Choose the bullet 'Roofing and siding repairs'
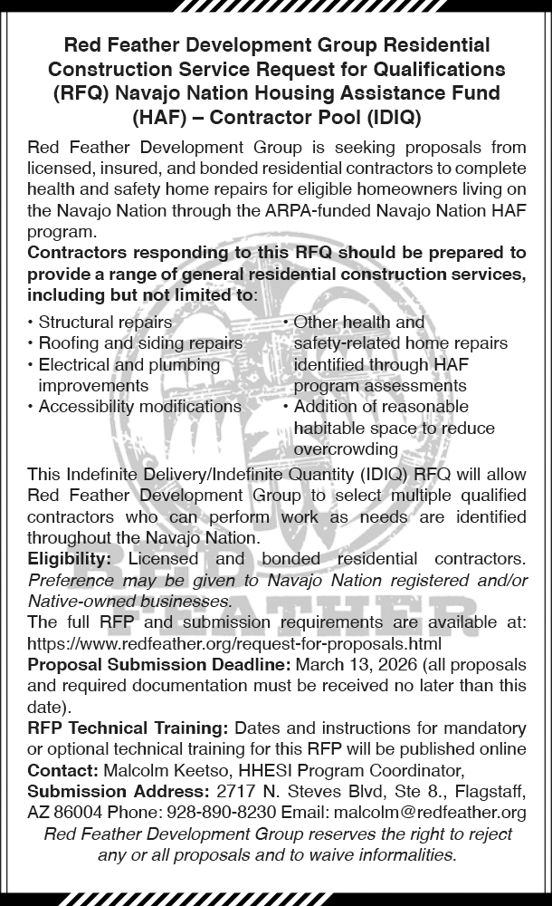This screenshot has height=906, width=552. (x=140, y=343)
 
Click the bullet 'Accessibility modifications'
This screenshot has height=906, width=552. (x=139, y=407)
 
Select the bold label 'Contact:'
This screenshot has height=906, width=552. (x=62, y=770)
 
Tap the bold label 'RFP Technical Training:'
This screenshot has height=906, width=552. (x=128, y=728)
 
